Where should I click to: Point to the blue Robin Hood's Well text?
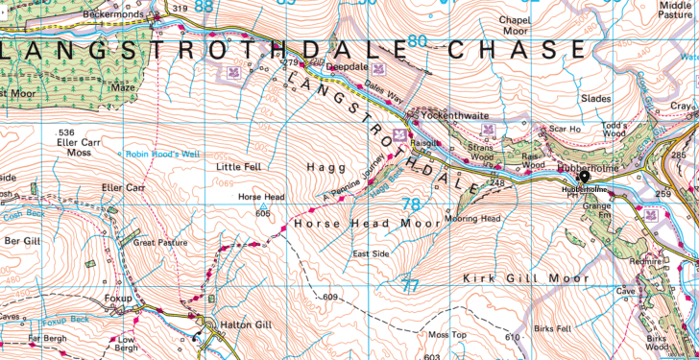(x=161, y=153)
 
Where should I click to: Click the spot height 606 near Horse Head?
(x=261, y=213)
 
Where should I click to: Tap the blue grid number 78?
(x=412, y=204)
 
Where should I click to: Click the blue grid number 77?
(x=411, y=285)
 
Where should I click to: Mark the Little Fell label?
(x=226, y=166)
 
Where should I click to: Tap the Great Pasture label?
(x=158, y=243)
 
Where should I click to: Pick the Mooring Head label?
(x=472, y=218)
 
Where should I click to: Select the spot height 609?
(x=331, y=298)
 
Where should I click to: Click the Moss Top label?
(x=446, y=334)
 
